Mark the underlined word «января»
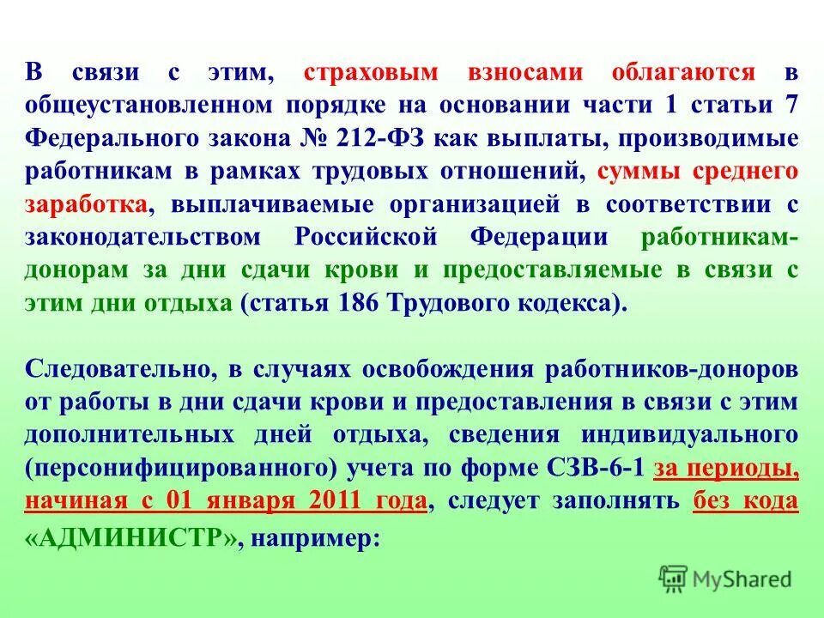coord(267,501)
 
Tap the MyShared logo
coord(725,579)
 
